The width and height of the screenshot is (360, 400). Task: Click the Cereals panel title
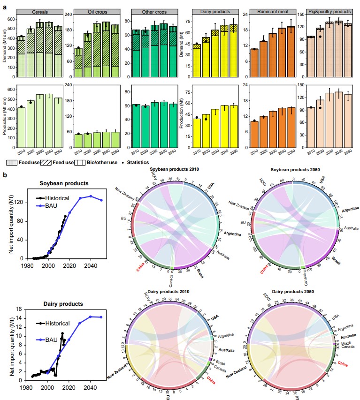pyautogui.click(x=39, y=11)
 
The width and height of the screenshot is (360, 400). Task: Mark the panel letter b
pyautogui.click(x=5, y=174)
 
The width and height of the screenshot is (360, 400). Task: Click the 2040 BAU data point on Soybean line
pyautogui.click(x=91, y=196)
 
